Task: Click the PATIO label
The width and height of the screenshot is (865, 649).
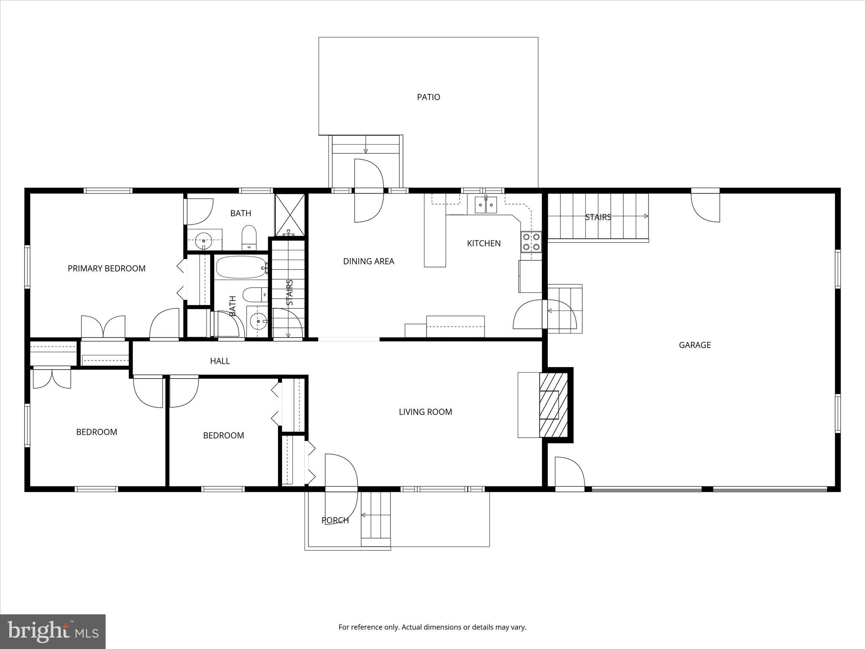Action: point(428,97)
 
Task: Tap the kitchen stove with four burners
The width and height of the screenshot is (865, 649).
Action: point(531,242)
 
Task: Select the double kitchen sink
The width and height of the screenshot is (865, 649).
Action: point(486,205)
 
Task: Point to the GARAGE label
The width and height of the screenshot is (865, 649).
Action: point(694,345)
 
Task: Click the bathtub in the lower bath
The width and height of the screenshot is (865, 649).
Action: point(241,267)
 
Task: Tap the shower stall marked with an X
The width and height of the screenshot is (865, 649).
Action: point(290,215)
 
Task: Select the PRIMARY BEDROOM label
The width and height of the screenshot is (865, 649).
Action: point(106,269)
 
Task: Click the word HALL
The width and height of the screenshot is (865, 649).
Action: point(220,361)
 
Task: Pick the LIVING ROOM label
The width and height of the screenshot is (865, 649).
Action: point(425,412)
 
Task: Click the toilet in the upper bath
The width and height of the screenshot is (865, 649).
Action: point(249,237)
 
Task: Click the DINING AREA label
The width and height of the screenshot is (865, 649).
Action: point(368,262)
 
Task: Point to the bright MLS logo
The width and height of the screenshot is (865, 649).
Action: point(53,631)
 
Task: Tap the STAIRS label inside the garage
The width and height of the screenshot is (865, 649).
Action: point(598,218)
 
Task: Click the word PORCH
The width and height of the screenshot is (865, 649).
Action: point(335,521)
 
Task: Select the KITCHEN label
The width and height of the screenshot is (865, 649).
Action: point(484,243)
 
